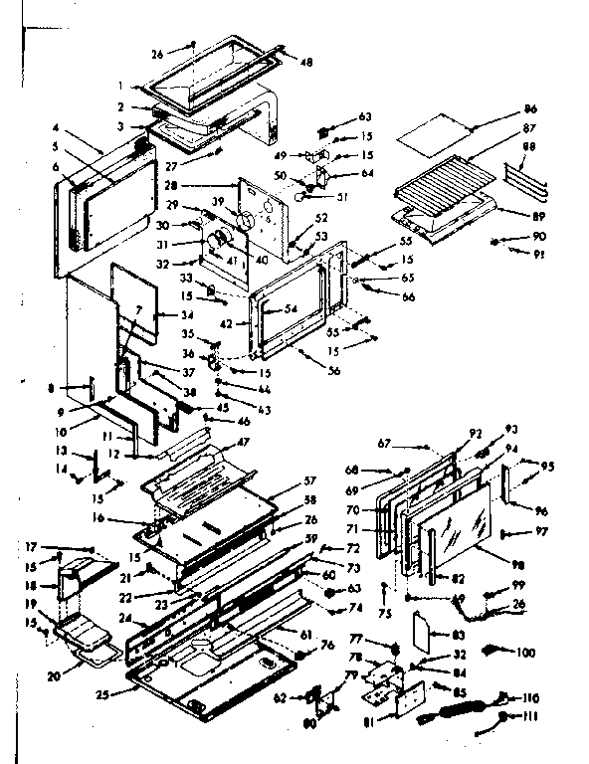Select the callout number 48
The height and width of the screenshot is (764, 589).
(x=305, y=62)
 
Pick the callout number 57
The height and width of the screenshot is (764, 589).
(x=309, y=480)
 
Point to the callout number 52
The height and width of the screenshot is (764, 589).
(x=321, y=218)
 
